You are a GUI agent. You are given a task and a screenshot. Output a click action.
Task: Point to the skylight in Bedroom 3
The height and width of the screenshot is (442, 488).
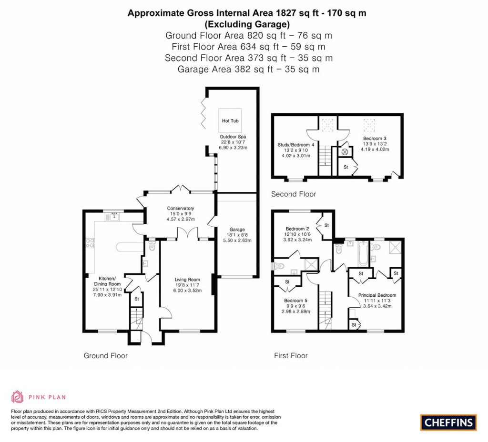tap(368, 125)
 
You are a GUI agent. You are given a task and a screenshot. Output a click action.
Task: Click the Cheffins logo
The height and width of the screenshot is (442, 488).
tap(448, 422)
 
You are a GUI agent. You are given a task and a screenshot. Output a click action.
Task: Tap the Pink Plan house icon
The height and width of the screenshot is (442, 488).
tap(17, 397)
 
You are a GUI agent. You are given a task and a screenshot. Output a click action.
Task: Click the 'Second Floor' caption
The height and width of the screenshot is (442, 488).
tap(293, 194)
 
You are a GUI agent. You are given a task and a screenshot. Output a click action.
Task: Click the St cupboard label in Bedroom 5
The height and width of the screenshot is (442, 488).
tap(287, 282)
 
